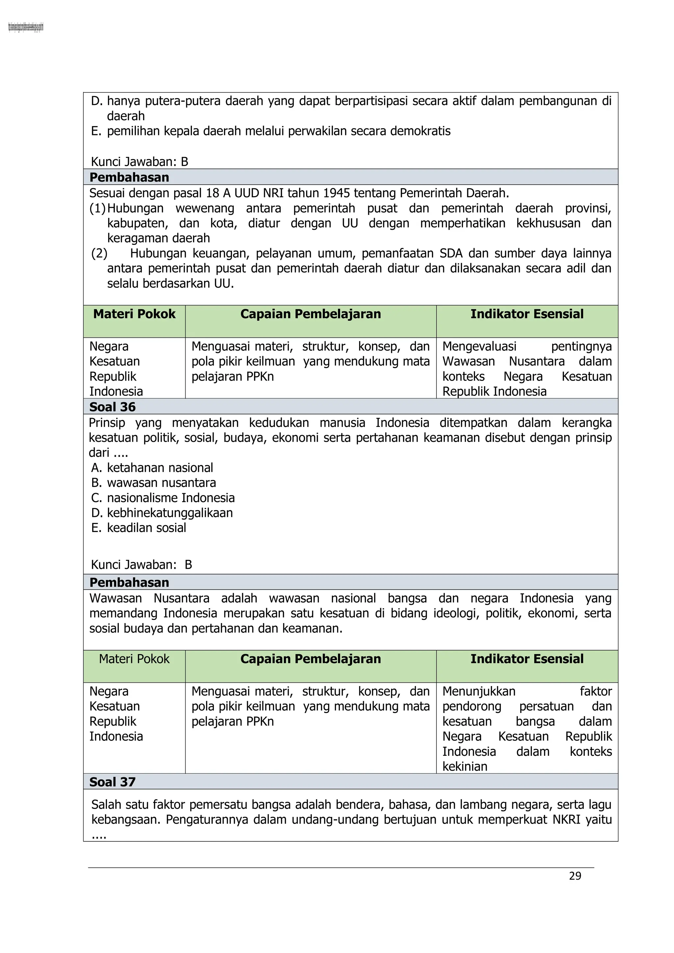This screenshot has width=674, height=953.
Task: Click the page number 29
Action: [575, 876]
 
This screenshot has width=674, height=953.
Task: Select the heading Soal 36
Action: [113, 407]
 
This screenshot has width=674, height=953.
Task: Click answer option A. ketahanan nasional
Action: [152, 468]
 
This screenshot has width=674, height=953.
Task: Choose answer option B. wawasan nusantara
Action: [154, 483]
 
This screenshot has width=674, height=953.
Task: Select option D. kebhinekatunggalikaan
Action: [162, 513]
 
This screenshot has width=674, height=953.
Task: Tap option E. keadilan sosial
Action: [139, 528]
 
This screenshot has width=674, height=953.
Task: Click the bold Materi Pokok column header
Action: [134, 314]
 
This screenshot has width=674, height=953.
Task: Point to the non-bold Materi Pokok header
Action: [134, 659]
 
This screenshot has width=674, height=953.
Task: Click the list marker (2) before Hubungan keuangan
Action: [99, 253]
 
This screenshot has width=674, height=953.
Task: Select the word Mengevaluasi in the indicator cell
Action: [480, 346]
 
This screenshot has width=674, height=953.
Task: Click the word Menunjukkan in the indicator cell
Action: [479, 691]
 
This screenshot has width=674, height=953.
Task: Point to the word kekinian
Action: [465, 766]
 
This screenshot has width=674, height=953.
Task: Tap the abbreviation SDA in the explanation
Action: [451, 253]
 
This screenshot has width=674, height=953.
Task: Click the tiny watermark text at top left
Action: [26, 28]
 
